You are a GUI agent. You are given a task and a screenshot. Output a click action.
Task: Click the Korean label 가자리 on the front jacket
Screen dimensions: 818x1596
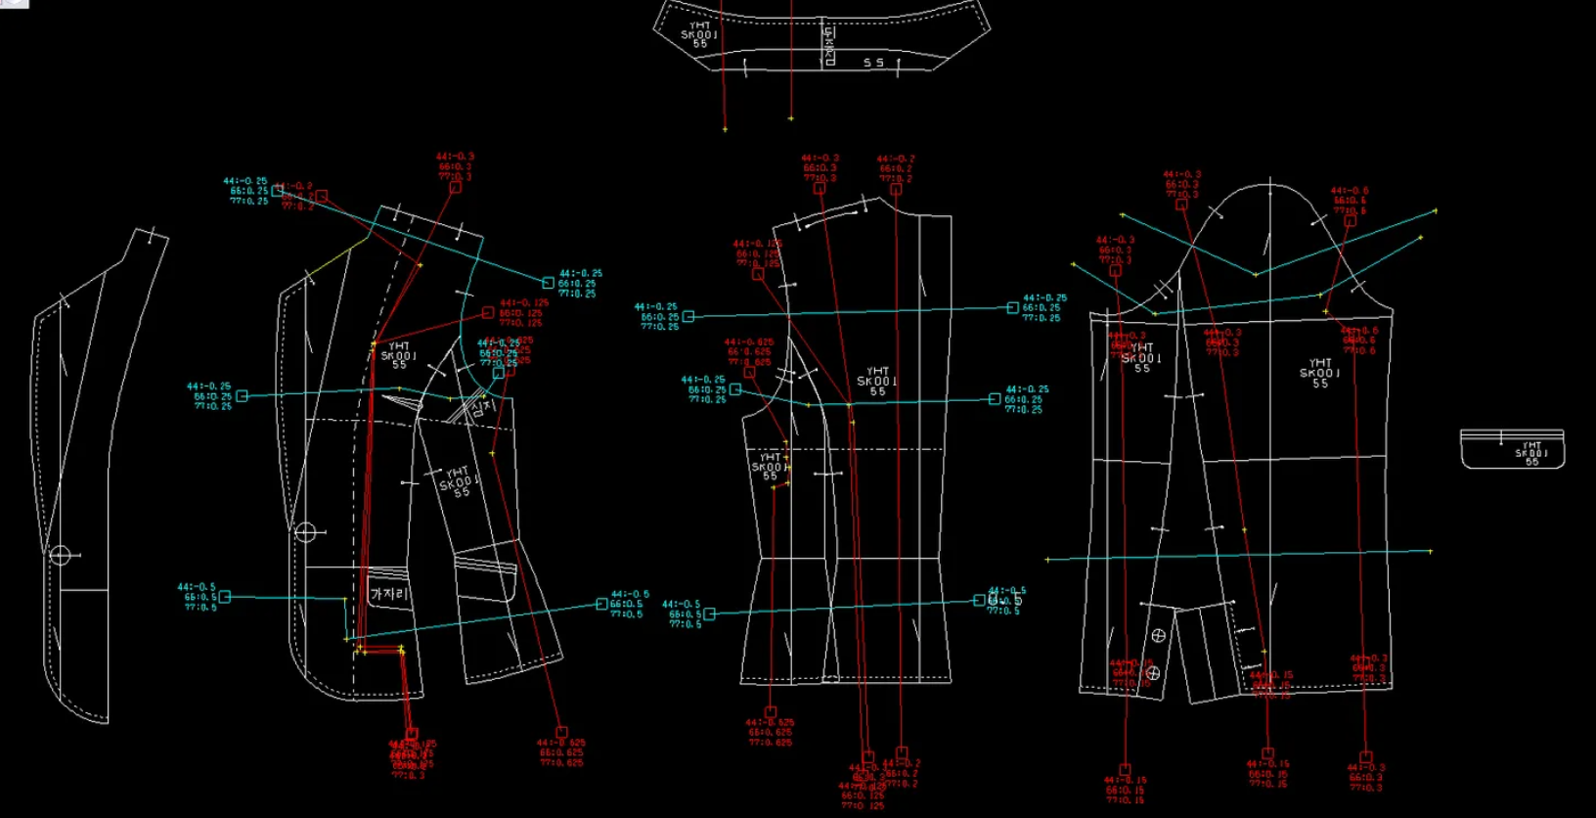click(388, 594)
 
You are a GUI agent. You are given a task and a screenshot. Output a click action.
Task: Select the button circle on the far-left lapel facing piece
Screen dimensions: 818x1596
click(60, 556)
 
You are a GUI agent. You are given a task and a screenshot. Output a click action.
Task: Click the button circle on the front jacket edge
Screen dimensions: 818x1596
click(305, 532)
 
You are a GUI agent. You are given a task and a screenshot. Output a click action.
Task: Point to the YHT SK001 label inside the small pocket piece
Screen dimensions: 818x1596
click(1530, 453)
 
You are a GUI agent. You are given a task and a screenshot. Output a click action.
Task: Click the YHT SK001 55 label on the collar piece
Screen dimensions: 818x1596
click(699, 34)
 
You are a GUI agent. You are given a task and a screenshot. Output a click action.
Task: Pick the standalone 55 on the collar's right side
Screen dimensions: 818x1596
click(873, 63)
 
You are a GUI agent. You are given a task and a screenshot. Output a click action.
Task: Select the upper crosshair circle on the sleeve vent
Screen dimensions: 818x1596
click(1158, 636)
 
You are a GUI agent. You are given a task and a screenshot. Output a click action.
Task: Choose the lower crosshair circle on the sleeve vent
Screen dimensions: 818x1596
click(1152, 673)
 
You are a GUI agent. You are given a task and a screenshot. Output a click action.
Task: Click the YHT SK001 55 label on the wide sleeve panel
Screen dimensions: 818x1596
click(1319, 373)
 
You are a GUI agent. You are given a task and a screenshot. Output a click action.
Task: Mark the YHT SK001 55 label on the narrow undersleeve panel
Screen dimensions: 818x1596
click(1141, 358)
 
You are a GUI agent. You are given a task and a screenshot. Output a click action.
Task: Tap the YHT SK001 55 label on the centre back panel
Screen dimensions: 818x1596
click(877, 382)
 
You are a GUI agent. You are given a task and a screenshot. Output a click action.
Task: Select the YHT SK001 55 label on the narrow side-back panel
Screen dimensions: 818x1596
click(770, 467)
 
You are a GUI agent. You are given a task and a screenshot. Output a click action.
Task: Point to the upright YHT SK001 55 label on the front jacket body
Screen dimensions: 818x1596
click(399, 355)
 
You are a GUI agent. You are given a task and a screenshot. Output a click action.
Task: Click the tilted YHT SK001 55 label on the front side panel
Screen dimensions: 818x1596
click(460, 481)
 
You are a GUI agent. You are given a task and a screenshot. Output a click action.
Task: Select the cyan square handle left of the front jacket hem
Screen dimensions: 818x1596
click(225, 597)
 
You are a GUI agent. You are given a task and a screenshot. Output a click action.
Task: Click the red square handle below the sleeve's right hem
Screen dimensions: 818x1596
click(1366, 756)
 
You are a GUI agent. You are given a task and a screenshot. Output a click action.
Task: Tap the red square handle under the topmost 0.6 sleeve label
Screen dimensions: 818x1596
click(1350, 221)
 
